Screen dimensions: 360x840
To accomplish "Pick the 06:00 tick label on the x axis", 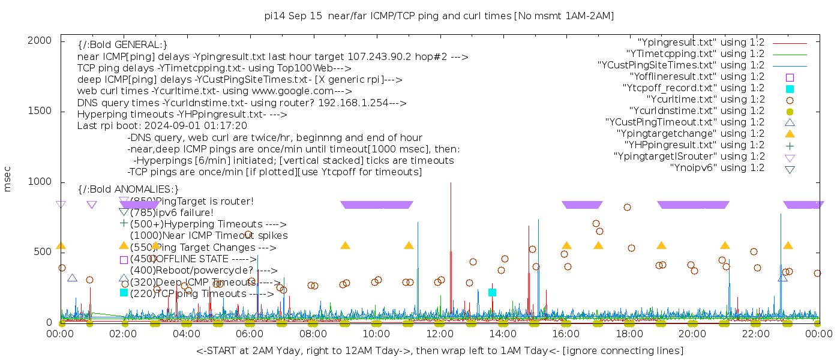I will coord(250,334).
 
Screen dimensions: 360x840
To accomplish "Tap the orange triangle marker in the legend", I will coord(790,134).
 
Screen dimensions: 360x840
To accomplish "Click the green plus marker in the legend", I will coord(790,145).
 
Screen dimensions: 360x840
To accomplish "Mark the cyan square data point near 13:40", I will coord(492,292).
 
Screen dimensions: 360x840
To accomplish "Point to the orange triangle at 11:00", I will coord(409,245).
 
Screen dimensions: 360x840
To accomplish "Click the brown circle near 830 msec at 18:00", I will coord(627,207).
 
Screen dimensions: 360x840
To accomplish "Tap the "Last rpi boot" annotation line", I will coord(162,126).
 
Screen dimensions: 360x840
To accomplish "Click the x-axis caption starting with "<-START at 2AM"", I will coord(439,350).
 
